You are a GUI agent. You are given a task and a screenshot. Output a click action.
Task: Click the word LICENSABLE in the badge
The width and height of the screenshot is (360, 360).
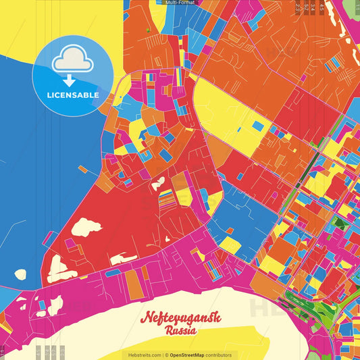click(x=73, y=95)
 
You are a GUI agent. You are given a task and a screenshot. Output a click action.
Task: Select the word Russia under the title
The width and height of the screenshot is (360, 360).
click(x=179, y=332)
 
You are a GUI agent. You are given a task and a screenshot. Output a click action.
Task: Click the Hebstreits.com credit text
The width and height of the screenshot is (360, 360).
click(x=143, y=355)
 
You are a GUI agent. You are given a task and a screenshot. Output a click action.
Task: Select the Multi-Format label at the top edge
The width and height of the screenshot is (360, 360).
click(x=180, y=3)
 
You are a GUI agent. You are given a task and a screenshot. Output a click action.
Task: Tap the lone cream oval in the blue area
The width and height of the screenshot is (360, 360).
click(x=20, y=274)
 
